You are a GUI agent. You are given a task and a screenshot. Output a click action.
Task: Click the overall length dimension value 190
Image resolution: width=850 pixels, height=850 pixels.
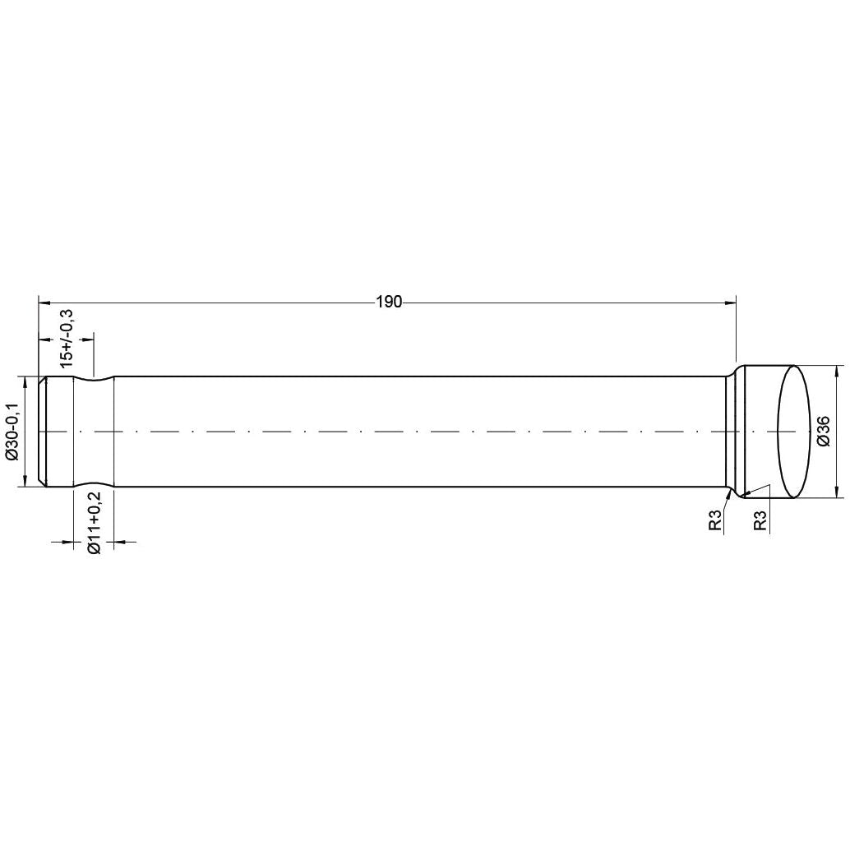(x=389, y=303)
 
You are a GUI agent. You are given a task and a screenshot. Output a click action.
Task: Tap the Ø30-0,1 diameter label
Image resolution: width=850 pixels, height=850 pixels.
(x=12, y=432)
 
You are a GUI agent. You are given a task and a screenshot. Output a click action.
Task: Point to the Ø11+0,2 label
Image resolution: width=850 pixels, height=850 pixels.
(x=94, y=522)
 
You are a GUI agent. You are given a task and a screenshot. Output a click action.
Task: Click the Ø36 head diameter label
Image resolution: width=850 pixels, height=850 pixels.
(x=824, y=432)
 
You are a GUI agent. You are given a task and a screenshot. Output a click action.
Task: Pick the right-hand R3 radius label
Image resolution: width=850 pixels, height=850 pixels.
(x=760, y=520)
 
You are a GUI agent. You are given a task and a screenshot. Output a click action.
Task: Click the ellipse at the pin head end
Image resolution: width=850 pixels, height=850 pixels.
(x=794, y=432)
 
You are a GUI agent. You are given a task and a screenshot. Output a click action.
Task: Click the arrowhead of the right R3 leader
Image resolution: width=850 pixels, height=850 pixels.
(x=746, y=494)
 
